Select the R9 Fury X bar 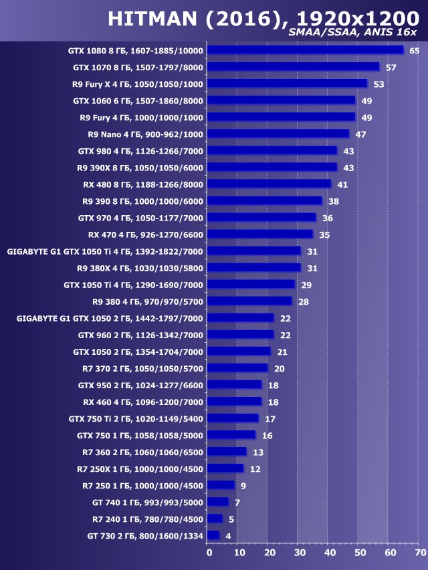(x=287, y=84)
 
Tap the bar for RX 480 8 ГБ (x=269, y=184)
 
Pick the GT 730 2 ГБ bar (x=213, y=535)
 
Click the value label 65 (x=415, y=51)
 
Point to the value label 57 (x=391, y=67)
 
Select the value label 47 (x=360, y=134)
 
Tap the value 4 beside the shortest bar (x=229, y=535)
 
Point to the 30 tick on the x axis (x=300, y=553)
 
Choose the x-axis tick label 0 (x=209, y=553)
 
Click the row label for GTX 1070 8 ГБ (x=138, y=67)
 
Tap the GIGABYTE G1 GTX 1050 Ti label (x=104, y=251)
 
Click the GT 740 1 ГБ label (x=147, y=502)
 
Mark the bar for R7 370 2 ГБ (x=237, y=368)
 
